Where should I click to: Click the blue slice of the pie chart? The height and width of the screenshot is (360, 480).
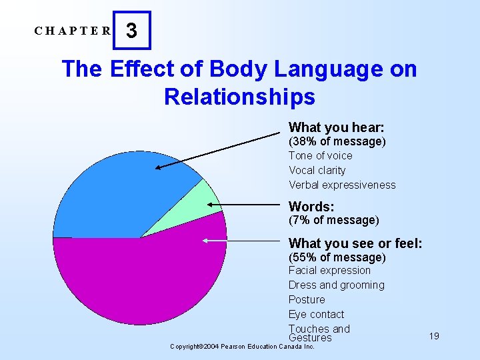pyautogui.click(x=120, y=193)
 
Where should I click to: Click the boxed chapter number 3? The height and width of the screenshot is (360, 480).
pyautogui.click(x=132, y=31)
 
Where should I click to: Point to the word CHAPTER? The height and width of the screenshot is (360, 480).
pyautogui.click(x=74, y=31)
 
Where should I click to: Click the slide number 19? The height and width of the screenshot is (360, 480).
pyautogui.click(x=434, y=336)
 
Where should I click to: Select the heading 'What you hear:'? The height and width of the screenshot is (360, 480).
pyautogui.click(x=336, y=127)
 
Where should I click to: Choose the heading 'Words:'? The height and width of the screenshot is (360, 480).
pyautogui.click(x=311, y=207)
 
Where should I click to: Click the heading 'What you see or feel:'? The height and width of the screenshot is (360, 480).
pyautogui.click(x=355, y=243)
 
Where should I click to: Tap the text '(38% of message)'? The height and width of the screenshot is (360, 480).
pyautogui.click(x=337, y=141)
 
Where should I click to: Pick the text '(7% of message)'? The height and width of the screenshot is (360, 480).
pyautogui.click(x=333, y=220)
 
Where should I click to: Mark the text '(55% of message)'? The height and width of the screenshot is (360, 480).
pyautogui.click(x=337, y=257)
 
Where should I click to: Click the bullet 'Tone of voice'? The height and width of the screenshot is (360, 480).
pyautogui.click(x=320, y=155)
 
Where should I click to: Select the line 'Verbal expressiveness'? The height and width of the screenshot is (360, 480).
pyautogui.click(x=342, y=185)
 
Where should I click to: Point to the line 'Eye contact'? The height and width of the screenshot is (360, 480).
pyautogui.click(x=316, y=314)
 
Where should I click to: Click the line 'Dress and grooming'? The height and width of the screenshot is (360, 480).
pyautogui.click(x=336, y=285)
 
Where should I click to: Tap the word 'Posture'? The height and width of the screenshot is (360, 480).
pyautogui.click(x=307, y=299)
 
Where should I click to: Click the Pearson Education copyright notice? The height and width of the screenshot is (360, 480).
pyautogui.click(x=242, y=347)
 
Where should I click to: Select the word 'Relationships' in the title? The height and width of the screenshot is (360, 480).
pyautogui.click(x=239, y=97)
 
